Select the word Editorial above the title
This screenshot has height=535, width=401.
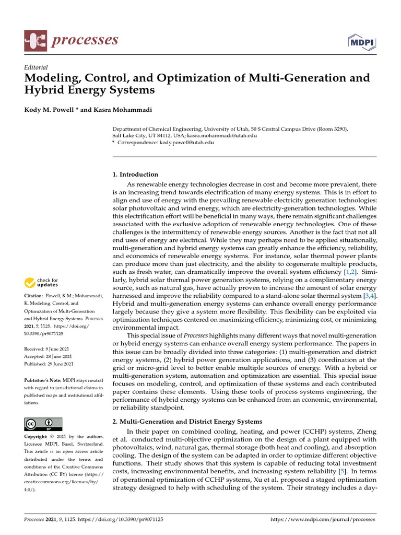(x=36, y=67)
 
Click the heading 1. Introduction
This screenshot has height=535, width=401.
(x=135, y=175)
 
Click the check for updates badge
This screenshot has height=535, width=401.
(x=41, y=283)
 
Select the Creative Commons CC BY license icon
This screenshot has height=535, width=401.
(x=43, y=424)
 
